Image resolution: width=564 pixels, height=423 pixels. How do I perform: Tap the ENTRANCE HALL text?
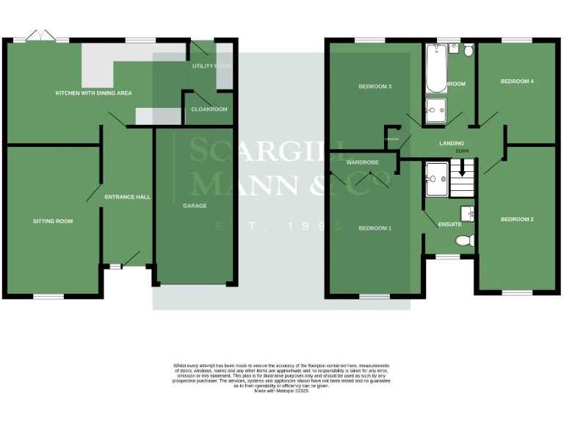click(x=127, y=197)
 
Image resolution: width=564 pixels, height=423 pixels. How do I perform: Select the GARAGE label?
click(x=195, y=206)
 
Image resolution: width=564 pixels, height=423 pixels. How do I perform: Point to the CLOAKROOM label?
click(x=209, y=109)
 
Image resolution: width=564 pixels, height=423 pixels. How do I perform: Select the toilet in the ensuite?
click(x=463, y=240)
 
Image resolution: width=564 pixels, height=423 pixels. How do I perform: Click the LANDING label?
click(x=451, y=143)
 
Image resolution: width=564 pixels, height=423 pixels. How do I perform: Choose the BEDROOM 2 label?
click(x=516, y=220)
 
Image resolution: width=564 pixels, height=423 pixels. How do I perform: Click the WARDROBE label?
click(x=361, y=162)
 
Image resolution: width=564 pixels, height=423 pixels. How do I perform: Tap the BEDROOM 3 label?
click(x=375, y=87)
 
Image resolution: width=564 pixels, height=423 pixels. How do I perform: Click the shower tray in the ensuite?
click(x=436, y=178)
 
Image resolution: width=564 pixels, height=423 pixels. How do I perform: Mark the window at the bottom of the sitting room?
click(x=48, y=296)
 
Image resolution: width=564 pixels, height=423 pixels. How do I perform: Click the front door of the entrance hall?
click(x=131, y=258)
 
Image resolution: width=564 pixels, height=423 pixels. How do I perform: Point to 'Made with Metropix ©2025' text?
click(x=282, y=391)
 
